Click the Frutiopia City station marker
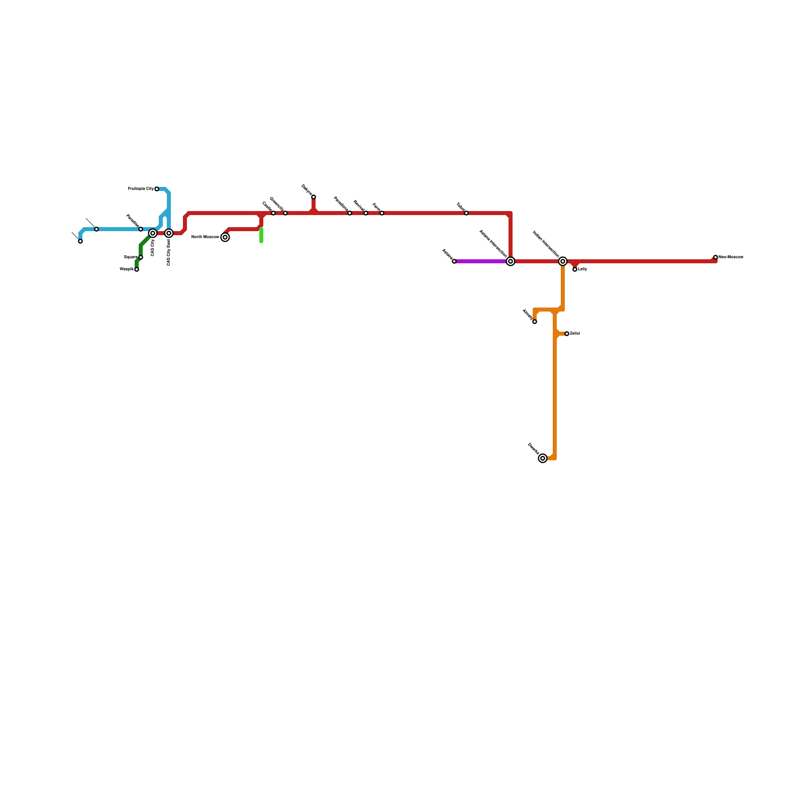pyautogui.click(x=157, y=189)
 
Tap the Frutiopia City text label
pyautogui.click(x=141, y=189)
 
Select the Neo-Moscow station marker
pyautogui.click(x=716, y=257)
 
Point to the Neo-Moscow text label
pyautogui.click(x=731, y=257)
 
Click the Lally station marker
pyautogui.click(x=575, y=269)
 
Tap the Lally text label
pyautogui.click(x=583, y=269)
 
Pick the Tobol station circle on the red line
pyautogui.click(x=466, y=213)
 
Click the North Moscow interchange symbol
pyautogui.click(x=225, y=237)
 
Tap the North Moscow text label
pyautogui.click(x=205, y=237)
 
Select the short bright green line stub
pyautogui.click(x=261, y=235)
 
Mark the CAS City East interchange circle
pyautogui.click(x=169, y=233)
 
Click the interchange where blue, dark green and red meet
pyautogui.click(x=153, y=233)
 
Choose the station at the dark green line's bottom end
pyautogui.click(x=137, y=269)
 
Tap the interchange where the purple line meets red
pyautogui.click(x=511, y=261)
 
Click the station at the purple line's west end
pyautogui.click(x=454, y=261)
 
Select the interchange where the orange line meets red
pyautogui.click(x=563, y=261)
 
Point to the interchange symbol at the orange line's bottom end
pyautogui.click(x=543, y=458)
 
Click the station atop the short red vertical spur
pyautogui.click(x=314, y=197)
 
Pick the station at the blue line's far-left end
pyautogui.click(x=80, y=241)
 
